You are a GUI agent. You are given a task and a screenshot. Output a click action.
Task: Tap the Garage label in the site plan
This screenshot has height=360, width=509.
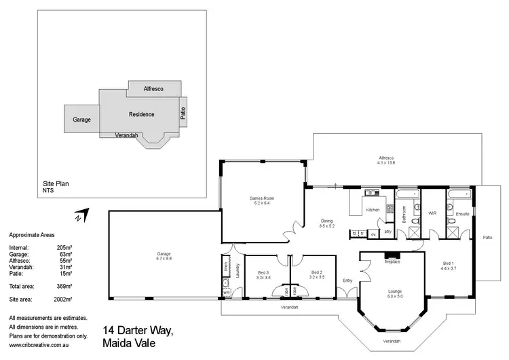pos(82,120)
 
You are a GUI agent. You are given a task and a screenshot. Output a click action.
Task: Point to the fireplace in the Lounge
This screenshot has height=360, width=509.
pos(392,261)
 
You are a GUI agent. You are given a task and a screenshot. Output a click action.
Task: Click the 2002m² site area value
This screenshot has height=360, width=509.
pos(64,298)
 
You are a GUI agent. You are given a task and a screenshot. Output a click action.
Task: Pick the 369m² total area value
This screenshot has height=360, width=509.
pos(64,287)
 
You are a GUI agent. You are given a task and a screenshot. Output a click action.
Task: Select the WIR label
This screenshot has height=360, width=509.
pos(432,213)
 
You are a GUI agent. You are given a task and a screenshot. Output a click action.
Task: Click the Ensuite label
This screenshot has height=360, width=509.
pos(462,213)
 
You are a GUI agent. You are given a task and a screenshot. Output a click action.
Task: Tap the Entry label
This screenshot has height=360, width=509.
pos(347,280)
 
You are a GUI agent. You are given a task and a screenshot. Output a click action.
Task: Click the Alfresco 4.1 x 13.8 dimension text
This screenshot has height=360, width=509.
pos(386,162)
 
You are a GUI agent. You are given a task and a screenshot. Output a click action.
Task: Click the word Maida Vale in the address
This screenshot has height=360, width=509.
pos(129,343)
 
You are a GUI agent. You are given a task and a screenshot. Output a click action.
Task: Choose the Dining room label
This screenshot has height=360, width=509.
pos(327,221)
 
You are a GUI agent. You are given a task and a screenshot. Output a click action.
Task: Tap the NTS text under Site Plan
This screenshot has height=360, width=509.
pos(48,190)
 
